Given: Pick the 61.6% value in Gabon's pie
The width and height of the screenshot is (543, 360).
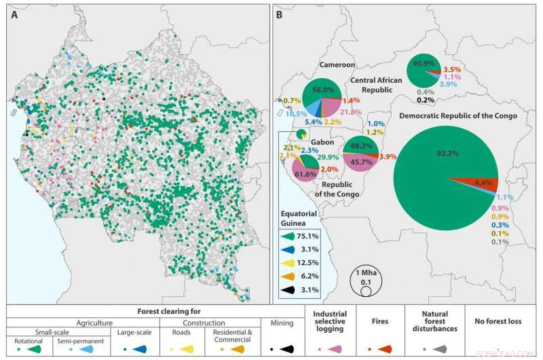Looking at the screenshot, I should coord(305,175).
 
